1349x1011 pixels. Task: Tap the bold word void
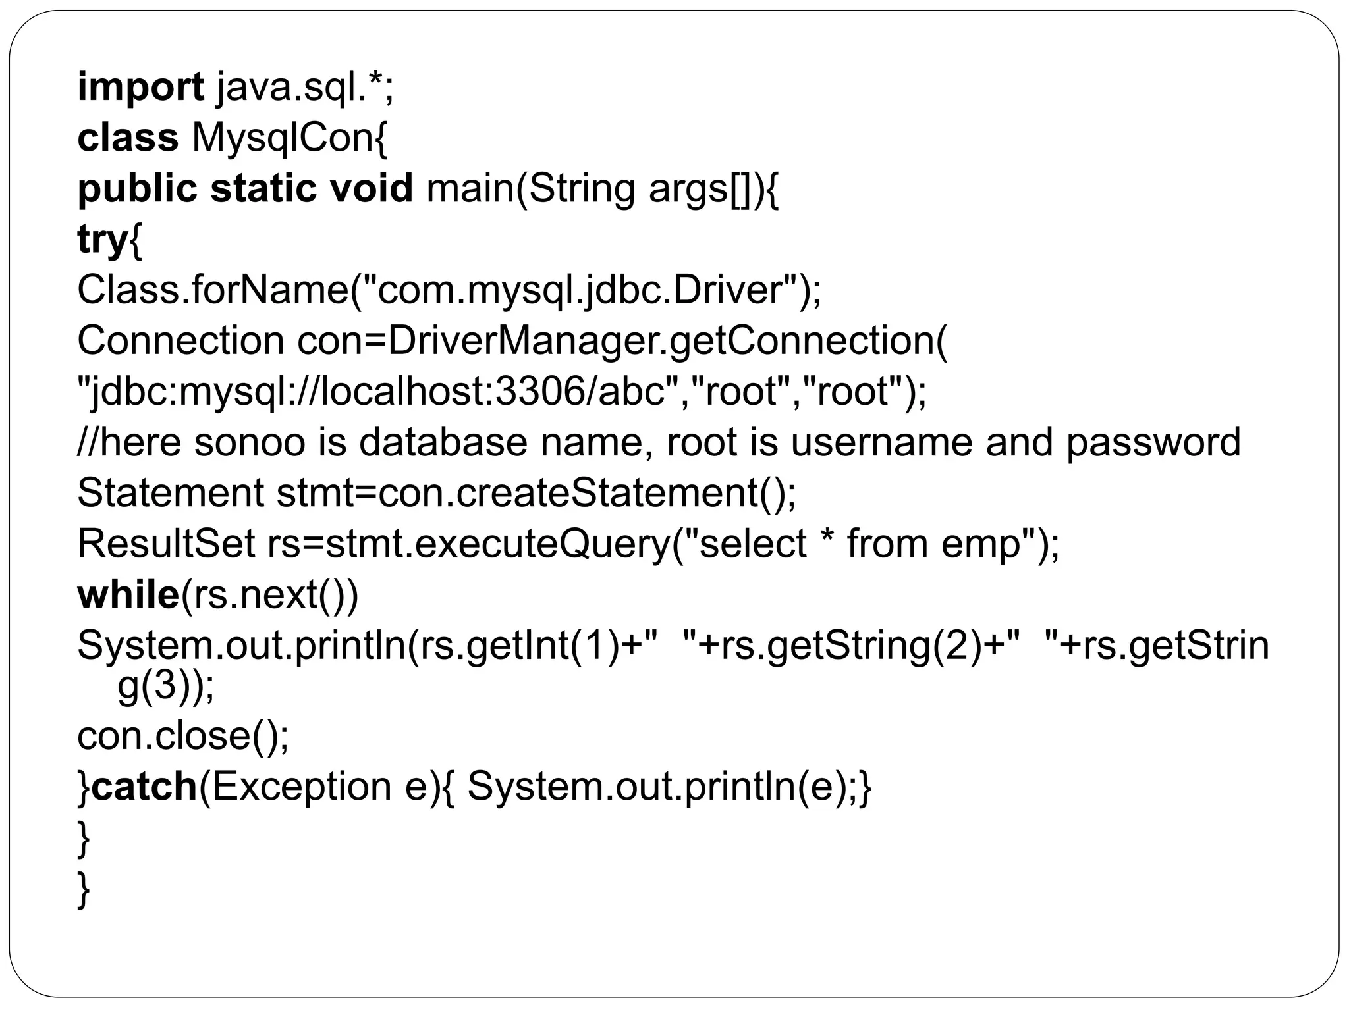pos(371,188)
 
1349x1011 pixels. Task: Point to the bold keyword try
pos(102,240)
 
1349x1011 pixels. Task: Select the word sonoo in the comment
pos(250,442)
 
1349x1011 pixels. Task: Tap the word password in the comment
pos(1153,442)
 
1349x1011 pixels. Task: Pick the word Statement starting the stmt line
pos(170,492)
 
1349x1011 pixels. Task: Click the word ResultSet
pos(166,544)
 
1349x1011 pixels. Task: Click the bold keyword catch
pos(144,786)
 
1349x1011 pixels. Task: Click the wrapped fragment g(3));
pos(165,688)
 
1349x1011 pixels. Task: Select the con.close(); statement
pos(183,735)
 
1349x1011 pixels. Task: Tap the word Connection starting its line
pos(180,341)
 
